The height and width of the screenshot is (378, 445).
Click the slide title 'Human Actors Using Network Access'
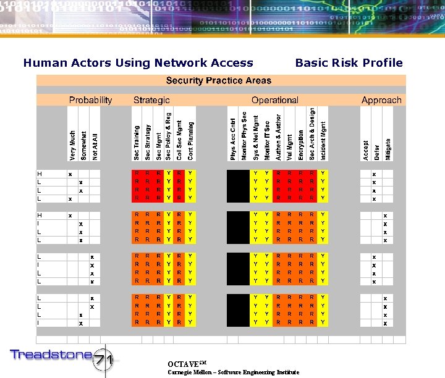coord(138,62)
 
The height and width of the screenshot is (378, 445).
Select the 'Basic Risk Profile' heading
coord(349,62)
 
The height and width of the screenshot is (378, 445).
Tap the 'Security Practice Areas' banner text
coord(219,81)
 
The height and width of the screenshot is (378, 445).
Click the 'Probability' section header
coord(91,100)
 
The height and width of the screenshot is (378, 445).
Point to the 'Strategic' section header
coord(151,100)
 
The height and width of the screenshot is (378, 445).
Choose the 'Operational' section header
coord(274,100)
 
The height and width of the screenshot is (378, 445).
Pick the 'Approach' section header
coord(381,100)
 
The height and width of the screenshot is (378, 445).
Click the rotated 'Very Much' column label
coord(73,146)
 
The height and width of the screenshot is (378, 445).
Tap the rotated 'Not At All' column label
coord(95,143)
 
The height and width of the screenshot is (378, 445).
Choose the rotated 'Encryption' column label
coord(300,145)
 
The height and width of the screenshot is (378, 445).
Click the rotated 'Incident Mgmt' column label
coord(323,141)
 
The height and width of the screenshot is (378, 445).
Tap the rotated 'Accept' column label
coord(366,150)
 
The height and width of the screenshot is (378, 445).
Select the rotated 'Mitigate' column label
coord(388,149)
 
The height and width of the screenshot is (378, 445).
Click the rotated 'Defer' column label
coord(377,152)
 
